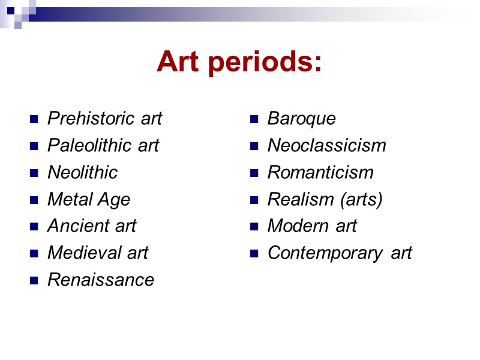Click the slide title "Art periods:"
click(239, 62)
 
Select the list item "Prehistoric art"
click(104, 119)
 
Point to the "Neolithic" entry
click(82, 173)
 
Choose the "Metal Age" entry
click(88, 199)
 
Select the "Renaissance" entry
click(100, 280)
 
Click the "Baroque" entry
click(301, 119)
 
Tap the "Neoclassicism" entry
click(326, 146)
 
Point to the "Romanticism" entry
click(320, 173)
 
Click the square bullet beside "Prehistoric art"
click(34, 119)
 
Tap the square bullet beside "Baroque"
click(254, 119)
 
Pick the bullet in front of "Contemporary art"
click(254, 254)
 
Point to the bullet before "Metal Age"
click(34, 200)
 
